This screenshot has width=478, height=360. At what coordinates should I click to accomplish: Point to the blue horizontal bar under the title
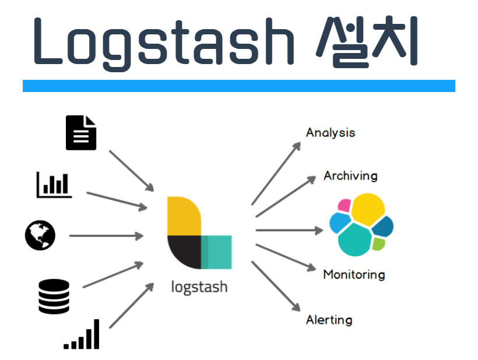tap(238, 86)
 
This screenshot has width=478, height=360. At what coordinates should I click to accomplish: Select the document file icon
tap(80, 133)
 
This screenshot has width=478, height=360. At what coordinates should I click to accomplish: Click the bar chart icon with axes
tap(54, 184)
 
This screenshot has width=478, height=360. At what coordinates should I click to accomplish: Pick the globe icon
tap(40, 235)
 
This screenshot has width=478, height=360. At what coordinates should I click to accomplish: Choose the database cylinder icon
tap(54, 297)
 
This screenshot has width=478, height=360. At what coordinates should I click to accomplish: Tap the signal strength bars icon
tap(82, 335)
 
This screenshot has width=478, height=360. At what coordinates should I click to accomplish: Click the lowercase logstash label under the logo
tap(199, 287)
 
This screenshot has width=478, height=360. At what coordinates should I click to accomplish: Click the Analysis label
tap(331, 133)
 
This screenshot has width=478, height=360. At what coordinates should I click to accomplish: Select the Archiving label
tap(350, 175)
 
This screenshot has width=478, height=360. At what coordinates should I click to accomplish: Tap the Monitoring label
tap(354, 274)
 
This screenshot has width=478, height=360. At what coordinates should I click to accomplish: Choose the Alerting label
tap(329, 320)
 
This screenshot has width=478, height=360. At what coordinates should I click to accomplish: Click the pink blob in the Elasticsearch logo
tap(344, 206)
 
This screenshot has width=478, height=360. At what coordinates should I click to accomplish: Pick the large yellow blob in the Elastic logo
tap(368, 210)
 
